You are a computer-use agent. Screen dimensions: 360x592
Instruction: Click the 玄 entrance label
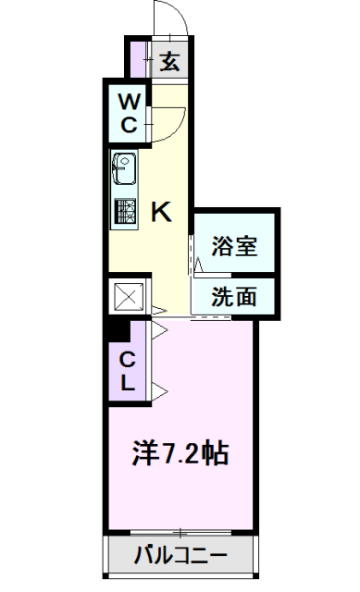point(171,63)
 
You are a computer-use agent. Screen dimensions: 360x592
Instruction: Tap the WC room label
point(129,112)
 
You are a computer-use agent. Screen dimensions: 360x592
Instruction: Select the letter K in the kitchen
point(160,213)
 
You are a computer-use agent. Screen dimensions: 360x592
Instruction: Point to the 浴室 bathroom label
point(233,246)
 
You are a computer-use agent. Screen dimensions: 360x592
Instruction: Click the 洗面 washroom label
point(233,298)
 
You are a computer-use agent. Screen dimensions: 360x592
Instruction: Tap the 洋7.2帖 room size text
point(181,453)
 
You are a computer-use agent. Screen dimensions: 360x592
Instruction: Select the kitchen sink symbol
point(124,169)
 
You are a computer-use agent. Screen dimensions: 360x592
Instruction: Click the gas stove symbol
point(124,213)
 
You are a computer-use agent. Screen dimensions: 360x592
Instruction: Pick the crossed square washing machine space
point(126,298)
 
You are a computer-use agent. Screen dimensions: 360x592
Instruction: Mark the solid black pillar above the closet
point(114,326)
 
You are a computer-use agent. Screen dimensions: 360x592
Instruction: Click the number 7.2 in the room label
point(181,454)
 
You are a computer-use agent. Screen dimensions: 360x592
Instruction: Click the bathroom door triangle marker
point(198,265)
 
